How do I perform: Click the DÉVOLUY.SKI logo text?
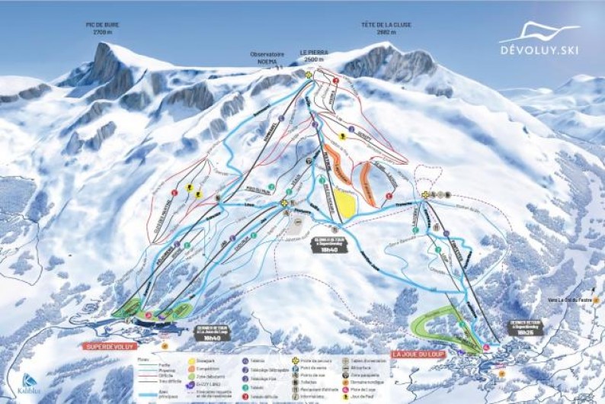click(539, 50)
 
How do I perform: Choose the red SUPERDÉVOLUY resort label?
click(109, 345)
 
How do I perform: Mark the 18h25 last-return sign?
click(525, 329)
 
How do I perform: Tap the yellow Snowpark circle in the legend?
click(193, 361)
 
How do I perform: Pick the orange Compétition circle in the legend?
click(193, 369)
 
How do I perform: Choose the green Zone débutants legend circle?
click(193, 377)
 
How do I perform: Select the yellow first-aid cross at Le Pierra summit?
click(309, 75)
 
